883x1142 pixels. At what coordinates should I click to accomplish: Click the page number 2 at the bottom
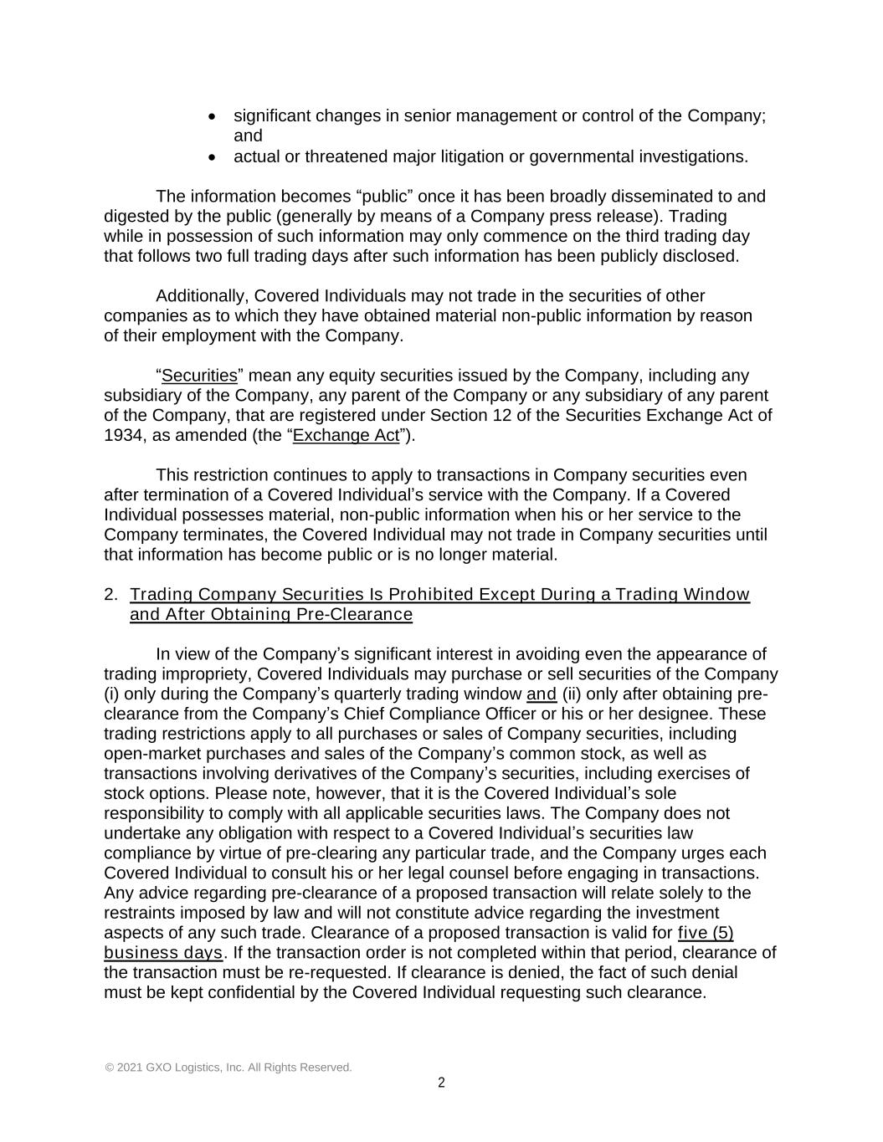pyautogui.click(x=441, y=1083)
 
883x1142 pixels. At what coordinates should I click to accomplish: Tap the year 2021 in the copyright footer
pyautogui.click(x=129, y=1068)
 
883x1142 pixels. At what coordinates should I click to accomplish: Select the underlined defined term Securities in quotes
pyautogui.click(x=199, y=376)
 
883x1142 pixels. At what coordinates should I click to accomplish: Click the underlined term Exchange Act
pyautogui.click(x=346, y=435)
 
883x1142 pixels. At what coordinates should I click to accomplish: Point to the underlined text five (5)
pyautogui.click(x=706, y=933)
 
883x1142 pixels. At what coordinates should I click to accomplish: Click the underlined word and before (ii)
pyautogui.click(x=542, y=694)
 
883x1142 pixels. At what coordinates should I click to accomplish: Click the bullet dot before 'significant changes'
pyautogui.click(x=213, y=116)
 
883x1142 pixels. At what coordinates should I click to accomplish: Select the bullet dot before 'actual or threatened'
pyautogui.click(x=213, y=157)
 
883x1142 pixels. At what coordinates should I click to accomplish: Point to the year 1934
pyautogui.click(x=121, y=435)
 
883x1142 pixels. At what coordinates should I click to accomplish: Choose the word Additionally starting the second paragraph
pyautogui.click(x=200, y=296)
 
